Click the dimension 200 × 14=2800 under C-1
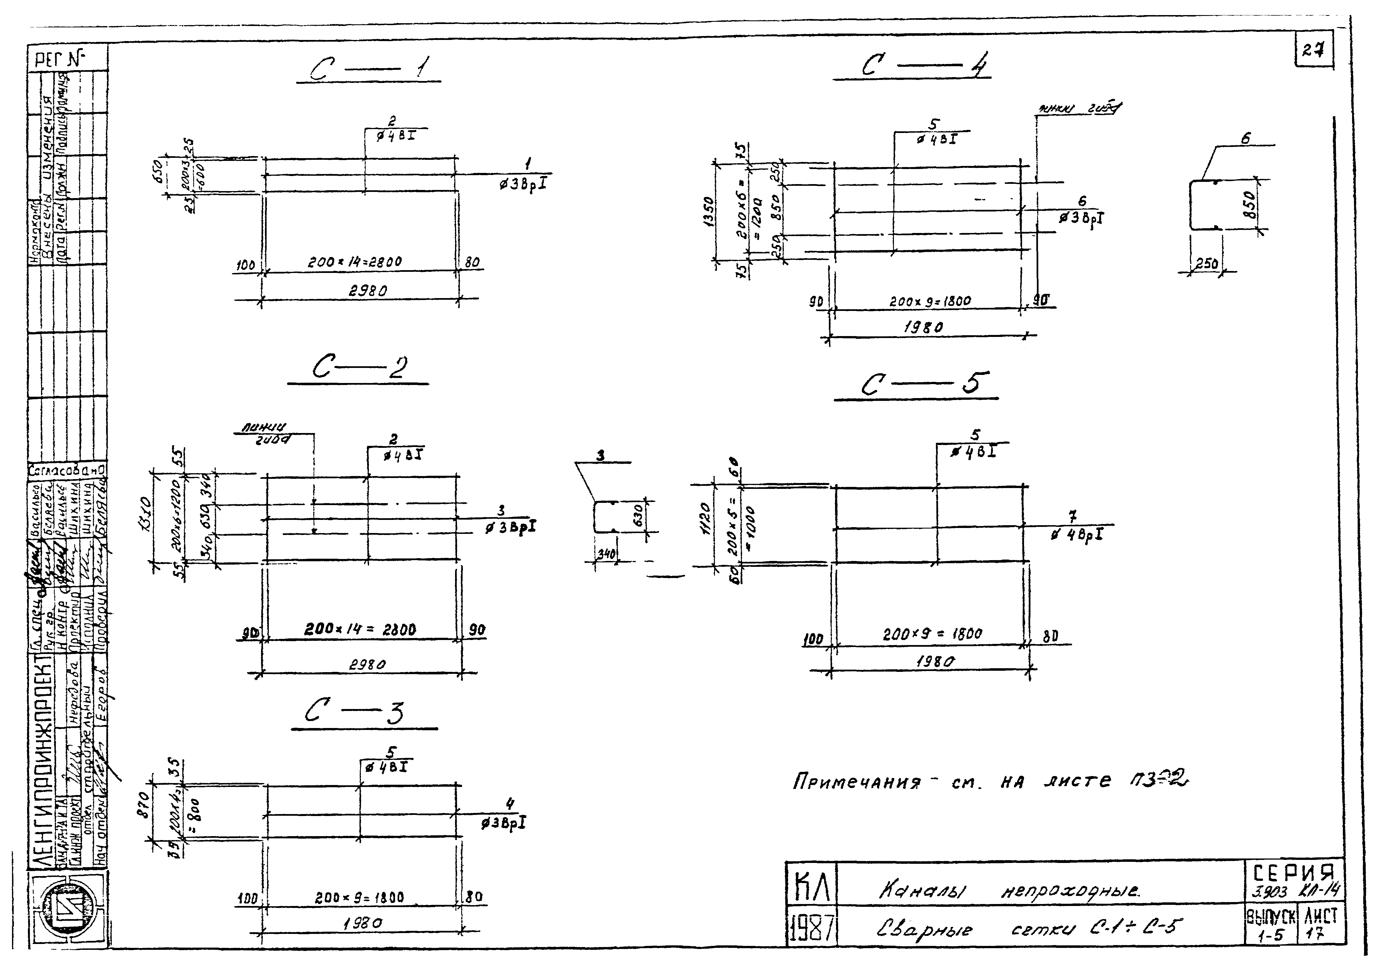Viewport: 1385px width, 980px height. click(x=355, y=262)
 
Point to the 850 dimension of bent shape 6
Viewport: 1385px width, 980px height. click(x=1250, y=206)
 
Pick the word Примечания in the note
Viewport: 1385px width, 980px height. click(x=857, y=783)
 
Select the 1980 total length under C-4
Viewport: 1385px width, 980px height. click(x=924, y=328)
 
